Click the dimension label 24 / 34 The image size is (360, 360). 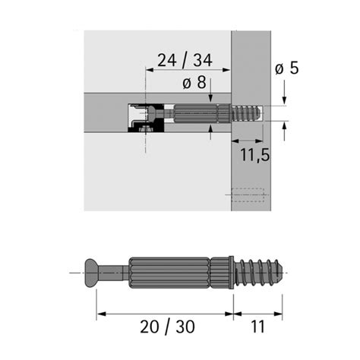pos(185,60)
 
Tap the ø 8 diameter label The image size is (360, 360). pos(194,82)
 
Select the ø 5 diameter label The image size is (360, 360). pos(286,68)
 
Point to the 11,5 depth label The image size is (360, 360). pos(254,155)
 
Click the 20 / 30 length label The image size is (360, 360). pos(167,327)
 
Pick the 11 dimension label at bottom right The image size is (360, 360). pos(257,327)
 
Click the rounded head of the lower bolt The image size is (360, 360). pos(91,273)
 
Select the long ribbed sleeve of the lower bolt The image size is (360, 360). pos(169,273)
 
